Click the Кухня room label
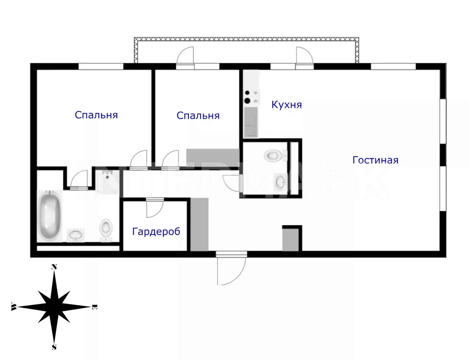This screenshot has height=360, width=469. (286, 105)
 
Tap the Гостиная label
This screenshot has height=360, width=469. (375, 160)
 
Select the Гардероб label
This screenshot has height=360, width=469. (156, 232)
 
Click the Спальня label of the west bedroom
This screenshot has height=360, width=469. (96, 115)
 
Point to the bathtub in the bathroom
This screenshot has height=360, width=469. (50, 216)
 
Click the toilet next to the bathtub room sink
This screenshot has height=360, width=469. (106, 230)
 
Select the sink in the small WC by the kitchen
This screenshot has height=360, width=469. (280, 182)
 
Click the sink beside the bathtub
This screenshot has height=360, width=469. (75, 235)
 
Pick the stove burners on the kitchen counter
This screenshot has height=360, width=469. (251, 97)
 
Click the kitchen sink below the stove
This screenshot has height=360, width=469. (251, 122)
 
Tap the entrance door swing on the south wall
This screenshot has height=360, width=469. (231, 271)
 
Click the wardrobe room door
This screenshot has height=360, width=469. (155, 209)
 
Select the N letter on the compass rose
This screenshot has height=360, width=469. (54, 267)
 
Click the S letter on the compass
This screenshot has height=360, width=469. (54, 347)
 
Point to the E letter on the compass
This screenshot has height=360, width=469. (94, 307)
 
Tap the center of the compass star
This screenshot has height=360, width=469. (54, 307)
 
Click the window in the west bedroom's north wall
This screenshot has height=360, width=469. (101, 66)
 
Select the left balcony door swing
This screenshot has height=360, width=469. (185, 55)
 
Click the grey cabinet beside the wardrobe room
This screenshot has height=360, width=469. (199, 224)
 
